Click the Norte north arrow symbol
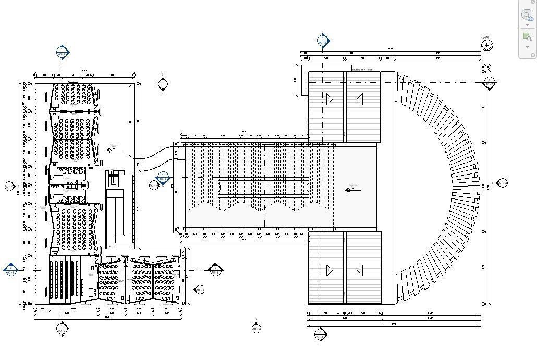point(487,45)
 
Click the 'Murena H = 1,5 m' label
point(362,69)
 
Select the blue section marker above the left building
point(63,53)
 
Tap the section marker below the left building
point(62,329)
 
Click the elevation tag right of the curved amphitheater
point(502,183)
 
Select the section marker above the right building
point(323,41)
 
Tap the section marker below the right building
point(320,334)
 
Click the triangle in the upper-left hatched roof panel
point(329,98)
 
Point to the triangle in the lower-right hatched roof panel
point(359,270)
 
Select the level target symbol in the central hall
point(348,190)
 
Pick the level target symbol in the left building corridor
point(109,151)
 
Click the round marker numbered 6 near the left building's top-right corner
point(162,84)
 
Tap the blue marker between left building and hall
point(163,178)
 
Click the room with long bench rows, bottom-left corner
point(65,279)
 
